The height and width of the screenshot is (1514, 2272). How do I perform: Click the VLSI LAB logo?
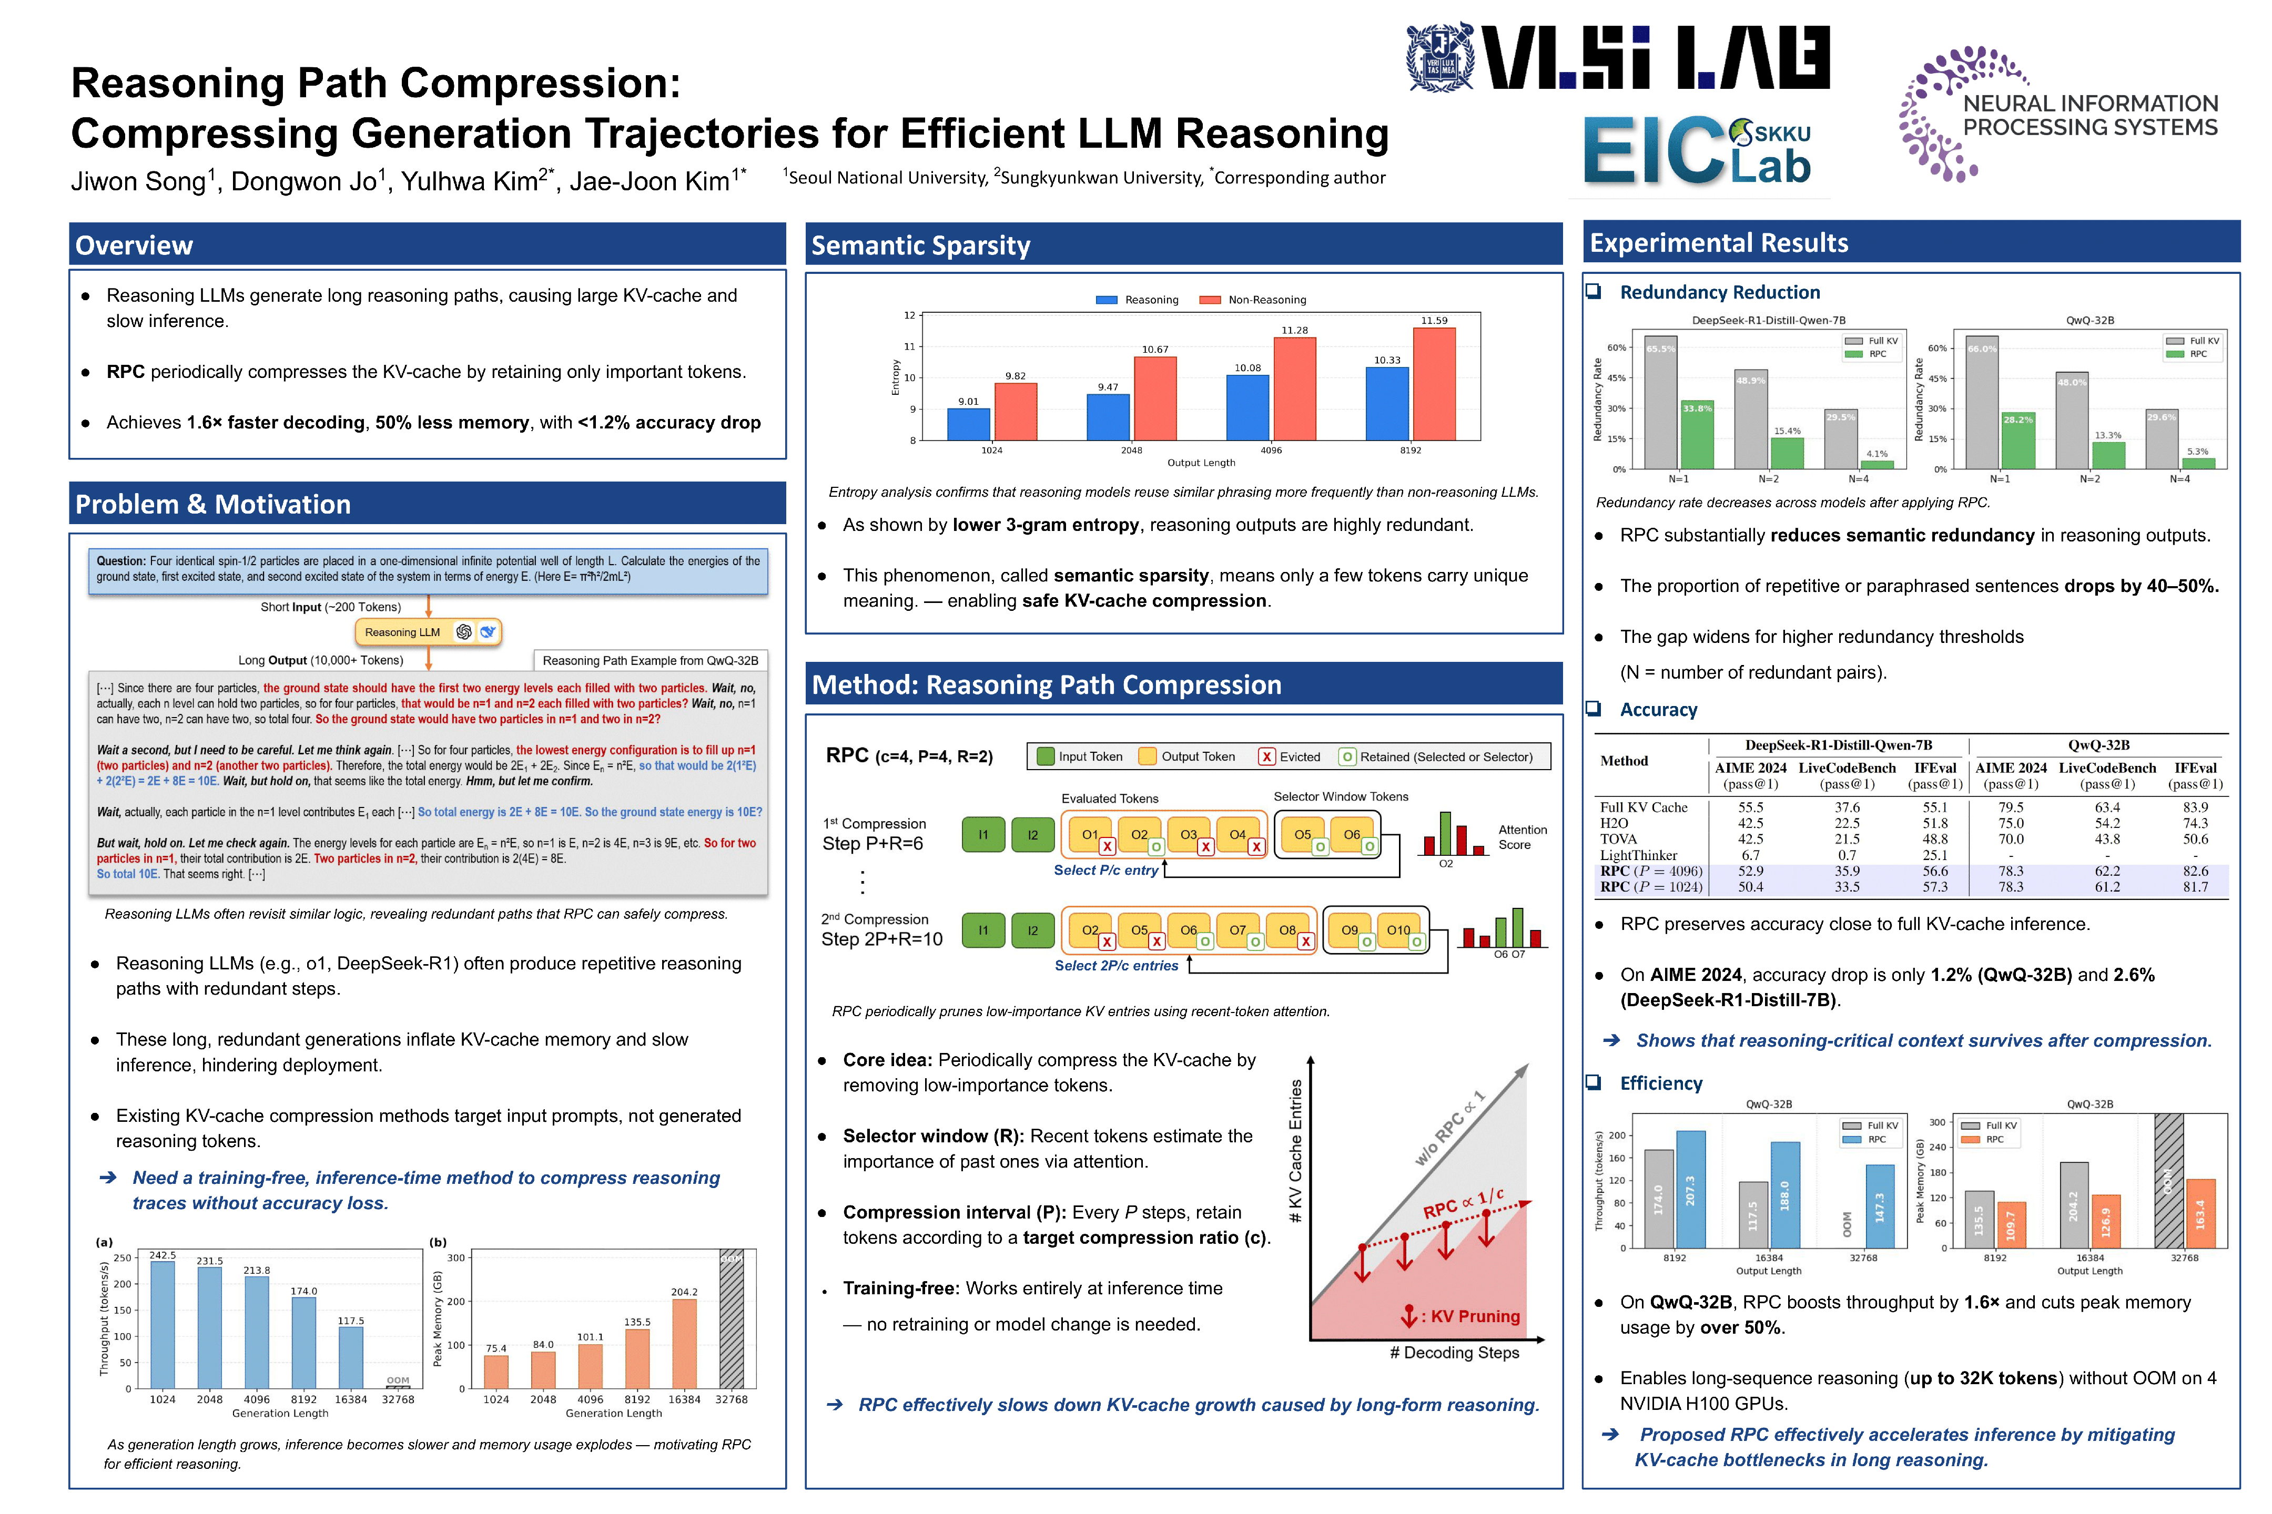pos(1618,58)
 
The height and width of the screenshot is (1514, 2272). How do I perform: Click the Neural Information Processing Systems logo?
pos(2057,114)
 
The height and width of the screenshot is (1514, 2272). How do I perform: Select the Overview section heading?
pos(134,245)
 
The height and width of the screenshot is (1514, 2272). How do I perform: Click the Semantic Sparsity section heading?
pos(920,245)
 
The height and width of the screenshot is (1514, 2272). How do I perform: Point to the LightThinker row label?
pos(1638,855)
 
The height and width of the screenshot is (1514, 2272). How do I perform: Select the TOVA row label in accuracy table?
pos(1619,839)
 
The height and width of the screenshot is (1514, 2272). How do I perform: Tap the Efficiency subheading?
pos(1660,1083)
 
